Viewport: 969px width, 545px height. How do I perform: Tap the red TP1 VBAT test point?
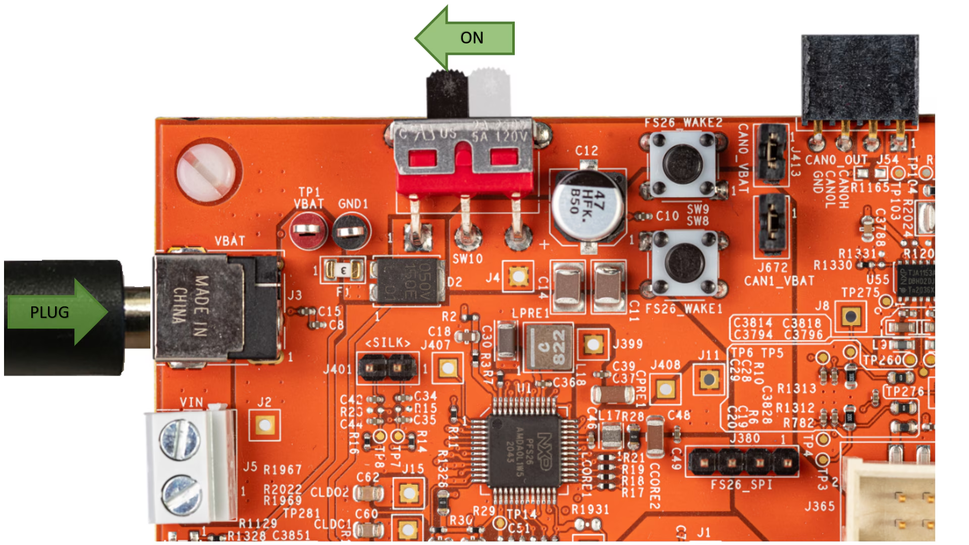pyautogui.click(x=308, y=231)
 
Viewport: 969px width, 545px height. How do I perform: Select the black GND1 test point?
pyautogui.click(x=351, y=232)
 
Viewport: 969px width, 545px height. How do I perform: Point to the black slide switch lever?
pyautogui.click(x=447, y=93)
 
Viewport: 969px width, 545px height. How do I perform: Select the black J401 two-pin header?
pyautogui.click(x=387, y=367)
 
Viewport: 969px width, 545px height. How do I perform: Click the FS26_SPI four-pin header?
pyautogui.click(x=743, y=461)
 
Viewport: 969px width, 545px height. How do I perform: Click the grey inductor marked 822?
pyautogui.click(x=549, y=347)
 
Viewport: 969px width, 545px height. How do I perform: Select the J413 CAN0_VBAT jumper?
pyautogui.click(x=771, y=153)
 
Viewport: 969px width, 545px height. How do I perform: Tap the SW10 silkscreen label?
pyautogui.click(x=467, y=259)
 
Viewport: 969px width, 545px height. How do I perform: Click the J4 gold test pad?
pyautogui.click(x=518, y=276)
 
